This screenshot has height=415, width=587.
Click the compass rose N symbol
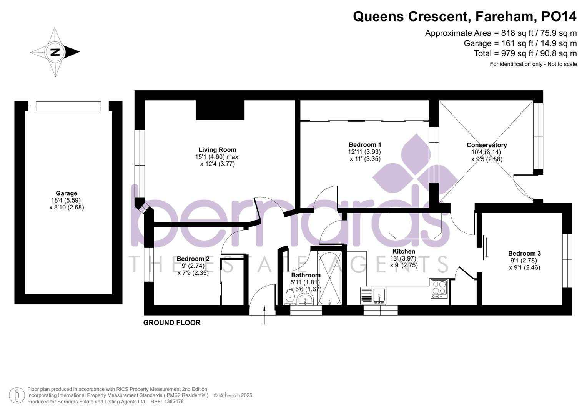click(55, 52)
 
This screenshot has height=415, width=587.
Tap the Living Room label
click(217, 150)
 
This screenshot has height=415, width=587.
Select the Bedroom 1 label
click(365, 145)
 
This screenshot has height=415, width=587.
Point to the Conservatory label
click(486, 145)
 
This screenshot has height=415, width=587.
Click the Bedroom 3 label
click(524, 254)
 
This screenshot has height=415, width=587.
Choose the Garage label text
click(67, 193)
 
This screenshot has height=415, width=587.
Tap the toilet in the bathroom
click(290, 297)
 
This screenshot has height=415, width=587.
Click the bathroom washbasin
click(306, 299)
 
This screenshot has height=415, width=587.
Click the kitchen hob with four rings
click(439, 288)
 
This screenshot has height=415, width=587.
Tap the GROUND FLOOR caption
click(172, 323)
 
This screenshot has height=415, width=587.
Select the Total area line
click(525, 53)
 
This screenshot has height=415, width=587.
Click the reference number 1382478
click(174, 402)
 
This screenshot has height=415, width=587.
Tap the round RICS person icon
click(17, 395)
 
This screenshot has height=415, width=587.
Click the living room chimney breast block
click(220, 110)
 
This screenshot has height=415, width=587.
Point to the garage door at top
click(68, 106)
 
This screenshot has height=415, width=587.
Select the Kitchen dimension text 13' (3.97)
click(403, 259)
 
